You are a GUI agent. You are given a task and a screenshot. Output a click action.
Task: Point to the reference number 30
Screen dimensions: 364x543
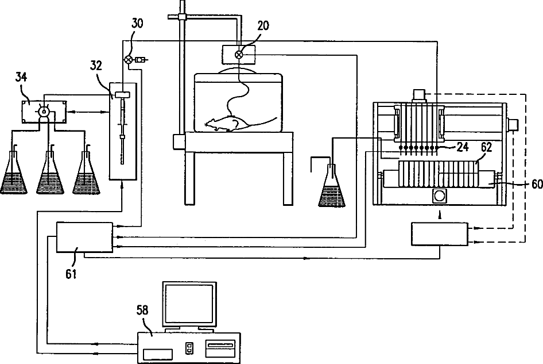pyautogui.click(x=138, y=24)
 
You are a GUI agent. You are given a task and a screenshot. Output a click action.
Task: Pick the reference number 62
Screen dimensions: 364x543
pyautogui.click(x=487, y=147)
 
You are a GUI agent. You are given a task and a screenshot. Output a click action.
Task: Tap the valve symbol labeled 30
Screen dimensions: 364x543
pyautogui.click(x=129, y=59)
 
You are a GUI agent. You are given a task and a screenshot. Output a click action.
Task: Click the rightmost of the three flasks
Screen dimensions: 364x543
pyautogui.click(x=87, y=175)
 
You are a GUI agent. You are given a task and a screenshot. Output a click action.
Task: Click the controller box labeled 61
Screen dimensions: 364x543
pyautogui.click(x=84, y=237)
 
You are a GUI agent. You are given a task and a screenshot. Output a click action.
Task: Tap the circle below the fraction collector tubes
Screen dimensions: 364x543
pyautogui.click(x=440, y=196)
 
